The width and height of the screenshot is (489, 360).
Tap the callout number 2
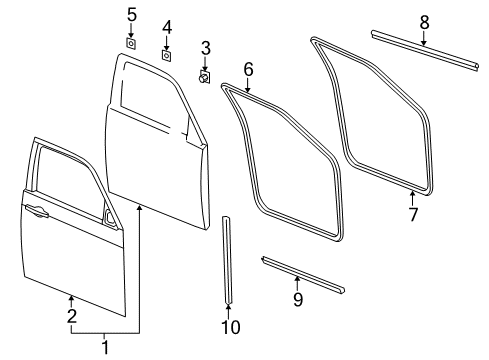coord(71,317)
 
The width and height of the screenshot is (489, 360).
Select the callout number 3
coord(205,48)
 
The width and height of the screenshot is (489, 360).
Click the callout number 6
coord(248,70)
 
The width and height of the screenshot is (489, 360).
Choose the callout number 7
coord(413,214)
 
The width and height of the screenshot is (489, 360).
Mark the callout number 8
coord(424,20)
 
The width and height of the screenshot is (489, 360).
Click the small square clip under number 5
coord(131,42)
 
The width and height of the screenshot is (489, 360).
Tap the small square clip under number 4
coord(167,54)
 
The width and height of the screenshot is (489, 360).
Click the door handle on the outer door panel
coord(37,211)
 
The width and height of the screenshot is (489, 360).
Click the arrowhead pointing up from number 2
coord(71,294)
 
